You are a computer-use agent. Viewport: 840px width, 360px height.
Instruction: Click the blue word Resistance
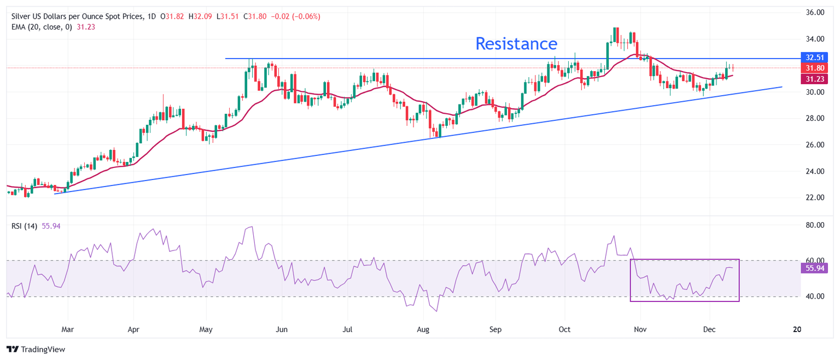click(516, 44)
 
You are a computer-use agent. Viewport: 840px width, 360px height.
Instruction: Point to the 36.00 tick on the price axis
click(811, 13)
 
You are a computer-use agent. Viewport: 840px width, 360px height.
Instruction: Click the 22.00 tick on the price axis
click(811, 198)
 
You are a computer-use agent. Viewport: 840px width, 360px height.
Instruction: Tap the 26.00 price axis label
click(811, 145)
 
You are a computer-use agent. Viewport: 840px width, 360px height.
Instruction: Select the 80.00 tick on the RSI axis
click(811, 225)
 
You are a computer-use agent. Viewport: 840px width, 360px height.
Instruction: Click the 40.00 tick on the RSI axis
click(811, 297)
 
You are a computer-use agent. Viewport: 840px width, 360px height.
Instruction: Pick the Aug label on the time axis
click(423, 330)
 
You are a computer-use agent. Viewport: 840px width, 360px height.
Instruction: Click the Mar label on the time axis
click(68, 330)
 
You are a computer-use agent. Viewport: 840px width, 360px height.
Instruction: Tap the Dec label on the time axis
click(710, 330)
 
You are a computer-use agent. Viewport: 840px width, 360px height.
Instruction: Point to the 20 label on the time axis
click(797, 330)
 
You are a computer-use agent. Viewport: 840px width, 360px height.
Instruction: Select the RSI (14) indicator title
click(25, 226)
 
